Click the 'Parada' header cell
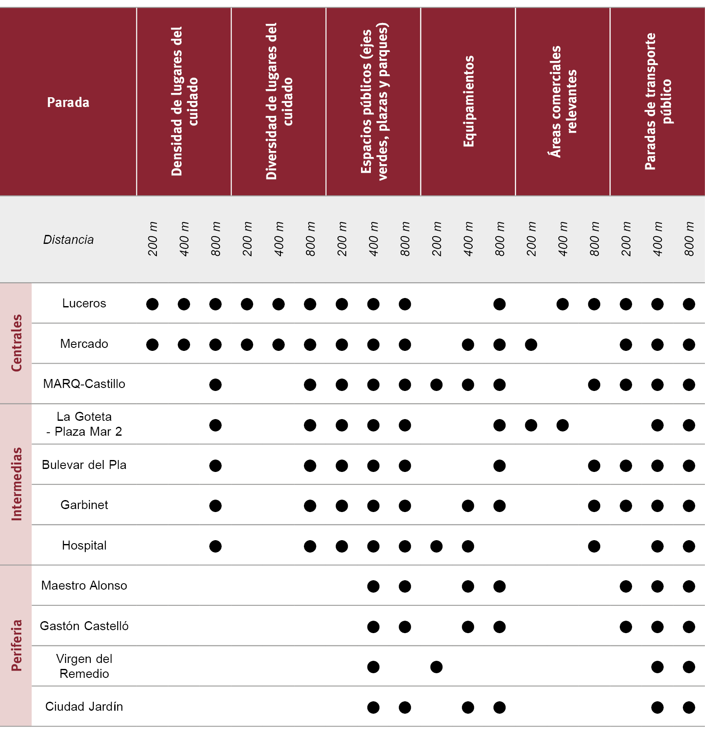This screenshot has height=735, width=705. [68, 102]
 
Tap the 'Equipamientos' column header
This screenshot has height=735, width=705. [468, 101]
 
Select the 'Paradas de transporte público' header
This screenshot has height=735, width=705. [658, 101]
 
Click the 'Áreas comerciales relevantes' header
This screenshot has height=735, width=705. [563, 101]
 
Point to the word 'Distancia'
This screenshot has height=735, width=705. [68, 240]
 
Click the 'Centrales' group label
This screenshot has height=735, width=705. [16, 343]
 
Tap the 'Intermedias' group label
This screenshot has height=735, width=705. [16, 484]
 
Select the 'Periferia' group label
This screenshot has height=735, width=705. [16, 645]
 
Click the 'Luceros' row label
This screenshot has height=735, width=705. [84, 303]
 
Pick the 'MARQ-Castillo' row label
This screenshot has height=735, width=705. [84, 384]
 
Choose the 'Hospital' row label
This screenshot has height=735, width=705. [84, 545]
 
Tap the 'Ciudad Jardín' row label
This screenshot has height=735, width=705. [84, 706]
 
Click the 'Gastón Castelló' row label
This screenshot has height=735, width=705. [84, 626]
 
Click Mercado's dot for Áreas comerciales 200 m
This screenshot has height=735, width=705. [531, 344]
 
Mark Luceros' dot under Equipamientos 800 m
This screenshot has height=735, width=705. [500, 304]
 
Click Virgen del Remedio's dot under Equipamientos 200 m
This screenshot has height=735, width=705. [436, 667]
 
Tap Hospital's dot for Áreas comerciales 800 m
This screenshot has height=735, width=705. [594, 546]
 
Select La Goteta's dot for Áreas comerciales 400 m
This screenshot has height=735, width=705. [563, 425]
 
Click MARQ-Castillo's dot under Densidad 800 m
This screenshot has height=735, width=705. [216, 385]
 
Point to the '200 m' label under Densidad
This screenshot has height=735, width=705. [153, 239]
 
